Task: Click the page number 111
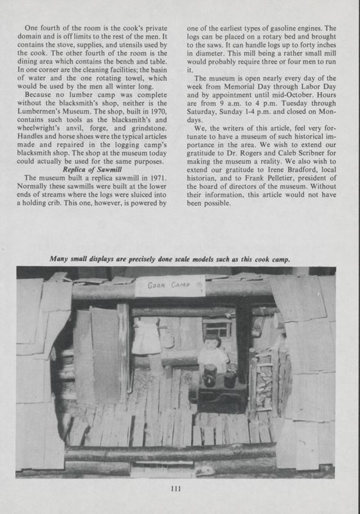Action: [179, 490]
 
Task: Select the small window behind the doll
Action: [216, 328]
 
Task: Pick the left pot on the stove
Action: [210, 377]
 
